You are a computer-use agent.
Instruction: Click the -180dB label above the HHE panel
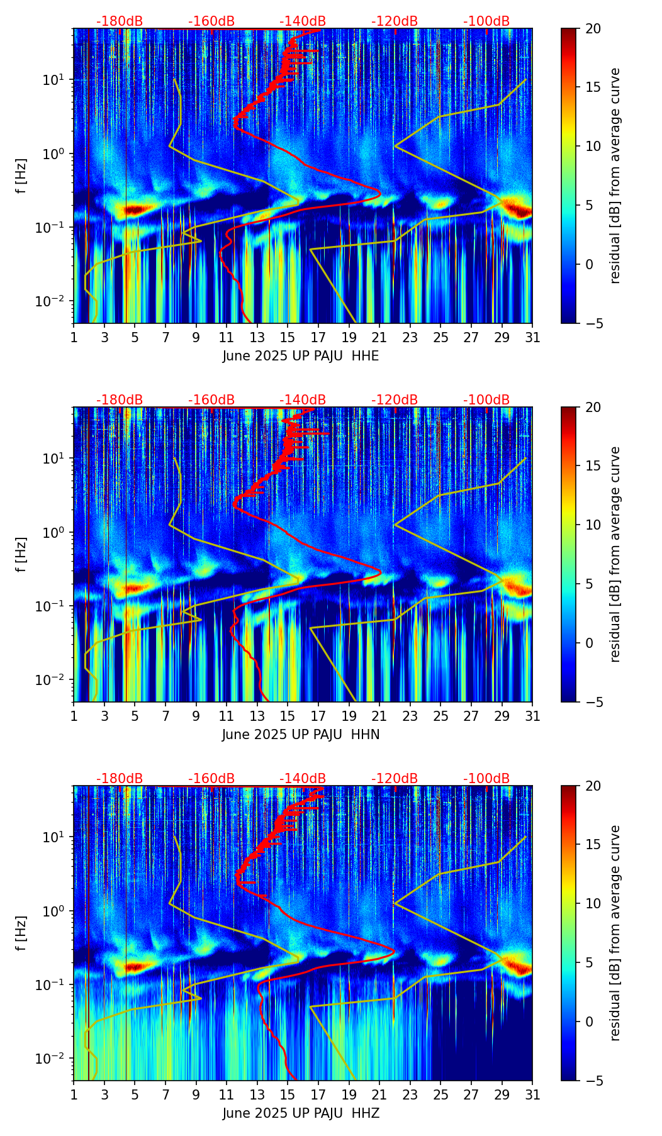(120, 21)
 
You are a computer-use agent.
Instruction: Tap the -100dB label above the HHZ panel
(486, 779)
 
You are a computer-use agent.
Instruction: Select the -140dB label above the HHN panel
(303, 400)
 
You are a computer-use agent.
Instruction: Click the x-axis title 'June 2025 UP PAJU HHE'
(301, 356)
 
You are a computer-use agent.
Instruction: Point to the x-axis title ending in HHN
(301, 735)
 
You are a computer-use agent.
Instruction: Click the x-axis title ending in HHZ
(301, 1113)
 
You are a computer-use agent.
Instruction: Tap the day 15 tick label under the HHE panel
(288, 338)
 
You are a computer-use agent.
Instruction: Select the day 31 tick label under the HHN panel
(532, 716)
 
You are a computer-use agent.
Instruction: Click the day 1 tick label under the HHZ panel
(74, 1095)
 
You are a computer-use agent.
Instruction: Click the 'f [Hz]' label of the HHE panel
(21, 176)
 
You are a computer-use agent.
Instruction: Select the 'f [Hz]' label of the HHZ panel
(21, 933)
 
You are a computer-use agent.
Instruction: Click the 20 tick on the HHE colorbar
(593, 29)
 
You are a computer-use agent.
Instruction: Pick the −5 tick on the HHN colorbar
(593, 702)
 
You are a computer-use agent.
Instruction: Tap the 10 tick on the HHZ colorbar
(593, 903)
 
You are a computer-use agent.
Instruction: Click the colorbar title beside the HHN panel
(615, 554)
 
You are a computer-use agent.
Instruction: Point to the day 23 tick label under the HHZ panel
(410, 1095)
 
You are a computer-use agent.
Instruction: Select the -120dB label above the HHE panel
(395, 21)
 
